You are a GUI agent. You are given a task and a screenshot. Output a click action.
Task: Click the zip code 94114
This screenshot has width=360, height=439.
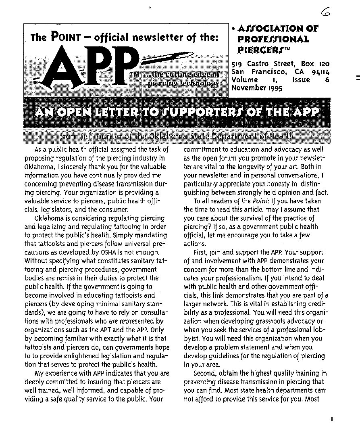pyautogui.click(x=320, y=72)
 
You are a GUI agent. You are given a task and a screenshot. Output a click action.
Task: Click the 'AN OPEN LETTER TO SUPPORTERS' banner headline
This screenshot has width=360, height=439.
pyautogui.click(x=177, y=112)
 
